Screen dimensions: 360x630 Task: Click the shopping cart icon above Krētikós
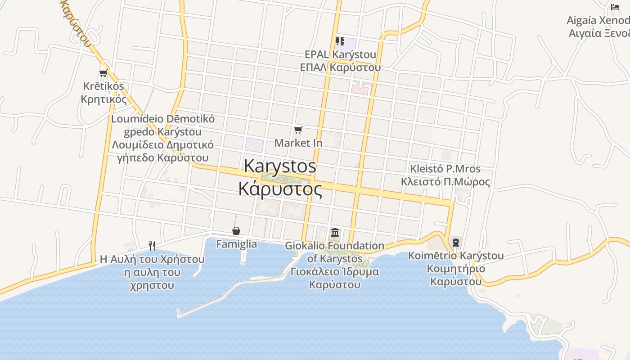103,73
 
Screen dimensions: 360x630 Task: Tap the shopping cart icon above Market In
298,130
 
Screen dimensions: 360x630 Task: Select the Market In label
298,143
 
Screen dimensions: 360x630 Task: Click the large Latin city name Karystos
280,166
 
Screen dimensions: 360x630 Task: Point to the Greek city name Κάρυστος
280,189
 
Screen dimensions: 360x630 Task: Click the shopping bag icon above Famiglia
236,231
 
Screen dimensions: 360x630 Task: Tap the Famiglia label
237,244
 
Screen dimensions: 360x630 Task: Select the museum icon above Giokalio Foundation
335,233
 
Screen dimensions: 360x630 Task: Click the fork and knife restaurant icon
152,246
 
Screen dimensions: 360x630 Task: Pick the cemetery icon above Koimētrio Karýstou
455,242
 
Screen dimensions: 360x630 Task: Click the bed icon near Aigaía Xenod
615,7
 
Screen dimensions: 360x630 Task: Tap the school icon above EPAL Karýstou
340,41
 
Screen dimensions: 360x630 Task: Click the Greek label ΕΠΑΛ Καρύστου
340,67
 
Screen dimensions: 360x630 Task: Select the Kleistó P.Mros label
445,169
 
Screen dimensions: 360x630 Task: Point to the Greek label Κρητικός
104,99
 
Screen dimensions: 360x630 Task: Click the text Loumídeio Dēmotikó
163,119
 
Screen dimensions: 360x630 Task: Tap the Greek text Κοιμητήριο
456,269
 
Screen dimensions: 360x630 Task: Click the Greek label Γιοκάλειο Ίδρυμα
335,272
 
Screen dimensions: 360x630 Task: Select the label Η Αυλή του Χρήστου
152,260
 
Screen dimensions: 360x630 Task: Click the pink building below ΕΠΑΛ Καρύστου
361,87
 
